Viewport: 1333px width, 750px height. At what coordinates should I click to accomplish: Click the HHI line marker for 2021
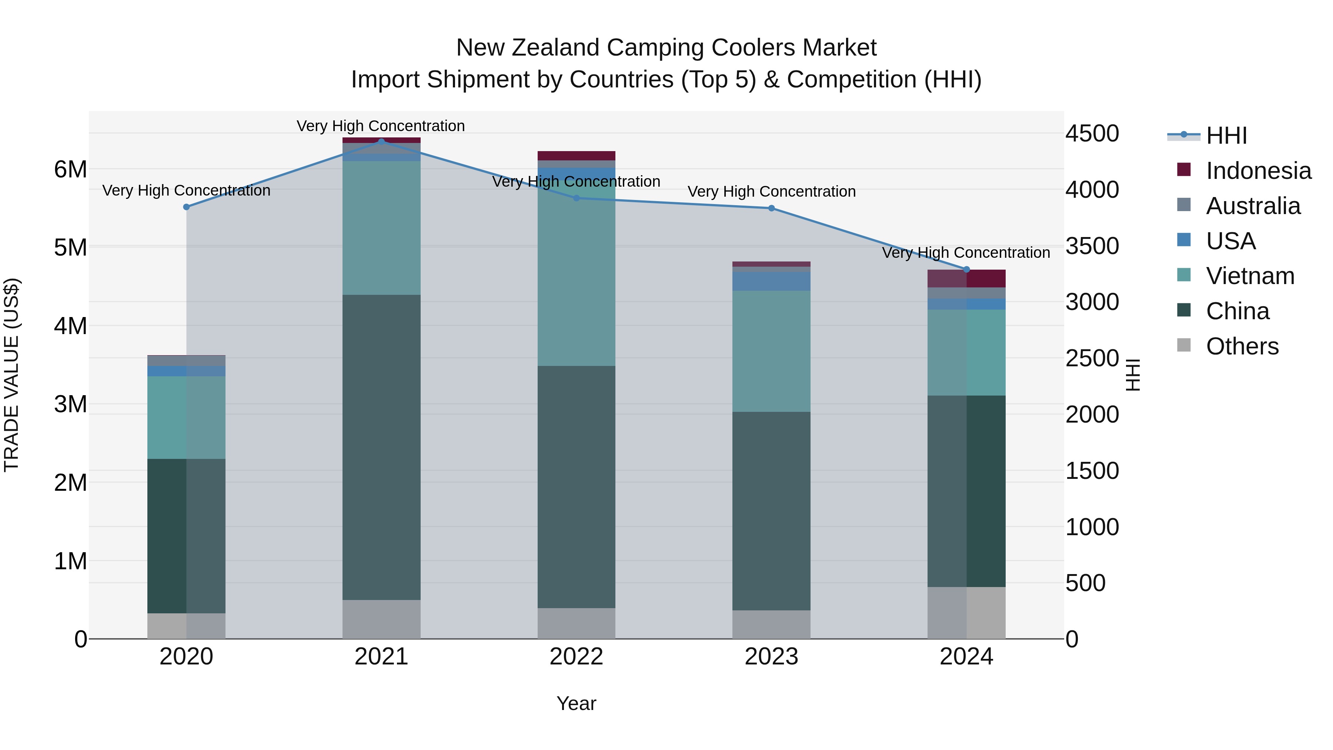pyautogui.click(x=381, y=141)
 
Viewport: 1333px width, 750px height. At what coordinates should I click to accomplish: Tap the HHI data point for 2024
pyautogui.click(x=966, y=270)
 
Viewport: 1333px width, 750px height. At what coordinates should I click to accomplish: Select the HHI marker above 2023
pyautogui.click(x=771, y=208)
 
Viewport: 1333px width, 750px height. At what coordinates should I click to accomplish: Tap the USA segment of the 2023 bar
pyautogui.click(x=771, y=281)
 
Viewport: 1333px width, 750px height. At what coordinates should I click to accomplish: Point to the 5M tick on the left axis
pyautogui.click(x=70, y=247)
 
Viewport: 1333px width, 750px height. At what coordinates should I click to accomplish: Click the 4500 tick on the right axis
pyautogui.click(x=1092, y=134)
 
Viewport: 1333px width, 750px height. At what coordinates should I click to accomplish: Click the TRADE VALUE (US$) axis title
pyautogui.click(x=11, y=375)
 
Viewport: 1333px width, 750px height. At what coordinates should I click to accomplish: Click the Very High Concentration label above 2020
pyautogui.click(x=186, y=190)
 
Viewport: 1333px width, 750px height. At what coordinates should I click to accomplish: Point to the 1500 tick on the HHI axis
pyautogui.click(x=1092, y=471)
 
